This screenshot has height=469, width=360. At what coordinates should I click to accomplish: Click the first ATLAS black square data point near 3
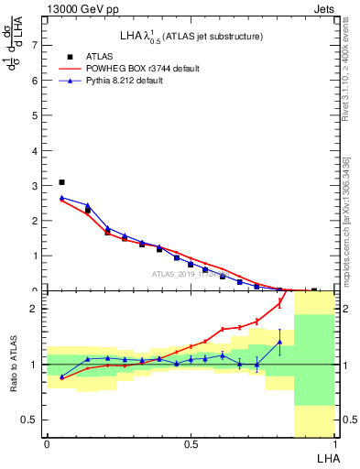click(61, 182)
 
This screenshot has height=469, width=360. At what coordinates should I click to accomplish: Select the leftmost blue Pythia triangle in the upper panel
click(61, 197)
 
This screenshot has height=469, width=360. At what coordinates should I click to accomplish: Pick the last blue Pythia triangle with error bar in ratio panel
click(279, 342)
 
